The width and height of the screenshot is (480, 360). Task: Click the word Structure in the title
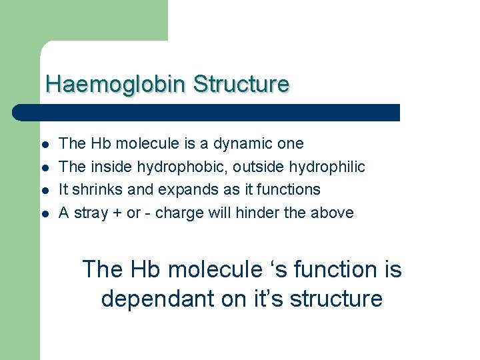241,85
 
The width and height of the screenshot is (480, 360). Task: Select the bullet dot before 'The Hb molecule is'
44,145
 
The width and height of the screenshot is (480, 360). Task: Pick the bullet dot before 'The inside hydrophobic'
44,167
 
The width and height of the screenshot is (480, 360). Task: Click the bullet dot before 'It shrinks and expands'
44,191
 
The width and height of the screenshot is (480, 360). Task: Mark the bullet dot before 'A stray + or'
44,214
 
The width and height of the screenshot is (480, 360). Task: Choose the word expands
183,189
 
